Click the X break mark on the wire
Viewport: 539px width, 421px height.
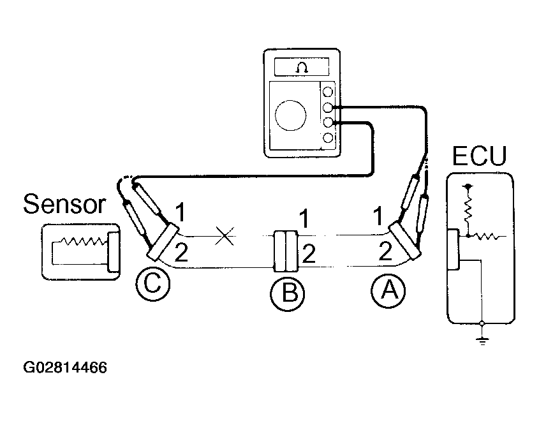[224, 236]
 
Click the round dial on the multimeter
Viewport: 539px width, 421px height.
[290, 117]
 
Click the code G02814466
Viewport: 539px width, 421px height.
[65, 367]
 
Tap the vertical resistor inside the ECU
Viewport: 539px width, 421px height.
[469, 205]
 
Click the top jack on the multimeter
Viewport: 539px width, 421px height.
[328, 92]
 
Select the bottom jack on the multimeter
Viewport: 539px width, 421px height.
[328, 137]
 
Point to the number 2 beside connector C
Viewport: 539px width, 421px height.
[181, 254]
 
